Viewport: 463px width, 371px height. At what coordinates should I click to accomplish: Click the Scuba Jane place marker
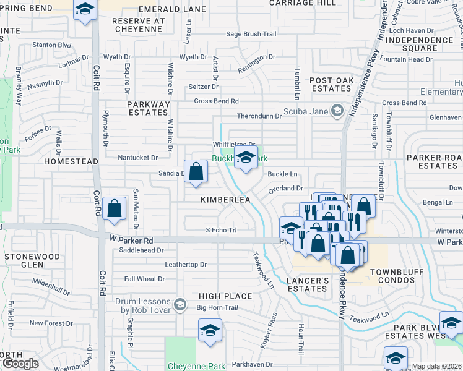(x=337, y=111)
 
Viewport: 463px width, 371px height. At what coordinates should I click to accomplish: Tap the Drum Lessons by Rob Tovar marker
(x=180, y=304)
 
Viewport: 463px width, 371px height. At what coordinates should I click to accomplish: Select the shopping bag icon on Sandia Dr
(x=196, y=172)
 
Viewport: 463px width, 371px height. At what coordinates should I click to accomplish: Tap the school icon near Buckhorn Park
(x=246, y=158)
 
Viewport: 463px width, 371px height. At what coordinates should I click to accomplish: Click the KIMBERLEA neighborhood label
(x=225, y=200)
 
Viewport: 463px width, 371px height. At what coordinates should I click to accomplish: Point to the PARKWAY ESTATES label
(x=148, y=109)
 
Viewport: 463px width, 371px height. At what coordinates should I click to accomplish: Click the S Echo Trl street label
(x=221, y=230)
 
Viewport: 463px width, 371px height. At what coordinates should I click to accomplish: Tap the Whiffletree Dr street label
(x=235, y=145)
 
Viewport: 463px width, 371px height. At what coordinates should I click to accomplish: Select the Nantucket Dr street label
(x=137, y=158)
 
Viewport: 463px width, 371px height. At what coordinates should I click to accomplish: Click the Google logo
(x=20, y=364)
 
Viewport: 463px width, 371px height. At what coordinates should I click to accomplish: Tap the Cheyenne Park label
(x=196, y=366)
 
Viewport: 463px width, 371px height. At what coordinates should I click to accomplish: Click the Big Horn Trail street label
(x=217, y=307)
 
